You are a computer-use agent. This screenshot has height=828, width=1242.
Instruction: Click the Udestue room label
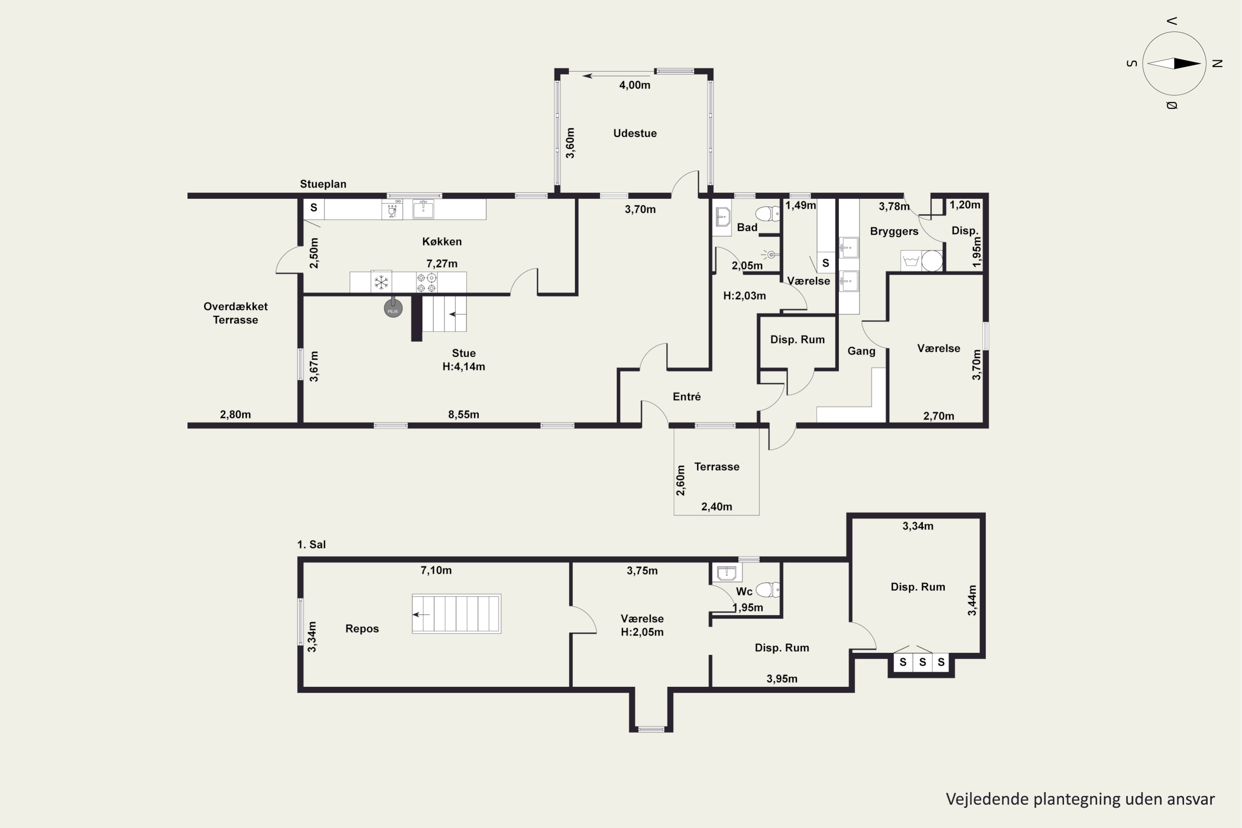[x=635, y=133]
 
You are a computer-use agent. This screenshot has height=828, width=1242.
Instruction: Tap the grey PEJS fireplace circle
[x=393, y=308]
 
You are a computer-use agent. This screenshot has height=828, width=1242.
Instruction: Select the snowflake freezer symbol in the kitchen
[x=381, y=282]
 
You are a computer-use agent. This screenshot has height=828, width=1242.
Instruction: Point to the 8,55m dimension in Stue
[x=464, y=414]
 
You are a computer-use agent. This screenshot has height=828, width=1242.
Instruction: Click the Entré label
[x=686, y=397]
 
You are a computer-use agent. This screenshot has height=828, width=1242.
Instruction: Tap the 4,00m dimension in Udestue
[x=635, y=85]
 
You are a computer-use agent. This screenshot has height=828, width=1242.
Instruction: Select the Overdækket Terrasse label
[x=236, y=313]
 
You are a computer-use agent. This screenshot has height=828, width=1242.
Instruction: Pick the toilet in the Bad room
[x=767, y=213]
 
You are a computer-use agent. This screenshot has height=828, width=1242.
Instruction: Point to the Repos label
[x=362, y=628]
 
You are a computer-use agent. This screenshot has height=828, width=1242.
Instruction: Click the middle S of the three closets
[x=922, y=662]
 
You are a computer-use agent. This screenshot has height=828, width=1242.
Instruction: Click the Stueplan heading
[x=323, y=184]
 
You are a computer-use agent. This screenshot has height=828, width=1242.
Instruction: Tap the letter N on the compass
[x=1218, y=63]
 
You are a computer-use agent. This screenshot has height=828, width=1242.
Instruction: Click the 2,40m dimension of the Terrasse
[x=717, y=506]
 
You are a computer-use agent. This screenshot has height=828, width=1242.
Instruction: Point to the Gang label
[x=861, y=351]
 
